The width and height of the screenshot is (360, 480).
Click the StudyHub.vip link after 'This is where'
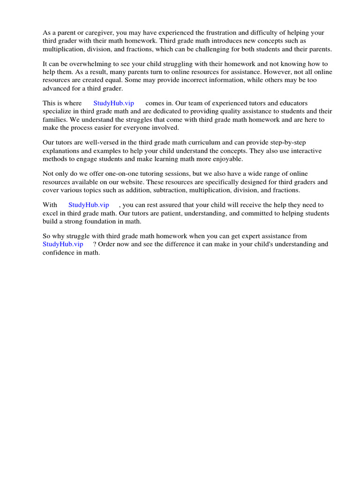click(113, 103)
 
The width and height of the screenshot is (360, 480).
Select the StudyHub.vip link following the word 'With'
click(89, 205)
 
